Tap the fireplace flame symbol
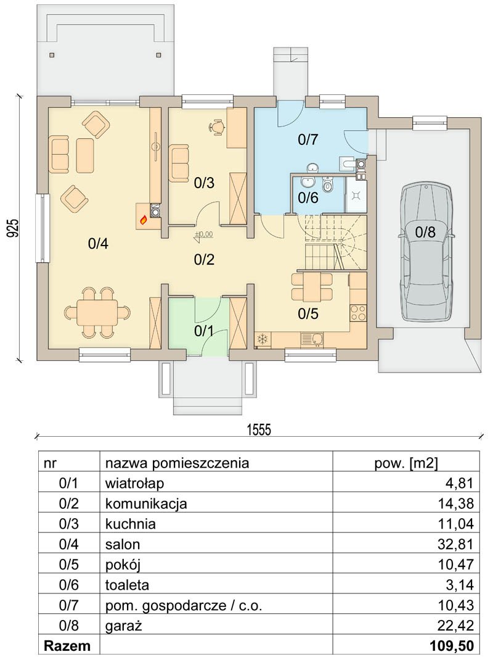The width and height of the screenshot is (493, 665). click(x=144, y=220)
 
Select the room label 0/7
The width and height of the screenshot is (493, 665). click(x=308, y=139)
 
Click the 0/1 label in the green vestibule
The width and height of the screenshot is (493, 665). click(x=204, y=331)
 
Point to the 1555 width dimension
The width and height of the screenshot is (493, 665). click(x=259, y=429)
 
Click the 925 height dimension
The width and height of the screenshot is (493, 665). click(x=13, y=228)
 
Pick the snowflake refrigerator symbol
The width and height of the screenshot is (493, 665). click(x=263, y=339)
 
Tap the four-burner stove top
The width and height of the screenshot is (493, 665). click(x=357, y=313)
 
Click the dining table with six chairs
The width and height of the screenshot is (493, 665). click(x=97, y=313)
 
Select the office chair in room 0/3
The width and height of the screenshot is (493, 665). click(x=218, y=127)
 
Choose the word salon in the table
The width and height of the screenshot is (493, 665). click(x=123, y=544)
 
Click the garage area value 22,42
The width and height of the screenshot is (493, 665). click(x=455, y=626)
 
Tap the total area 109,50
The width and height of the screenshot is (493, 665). click(x=452, y=646)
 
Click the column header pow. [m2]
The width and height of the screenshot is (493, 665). click(x=405, y=463)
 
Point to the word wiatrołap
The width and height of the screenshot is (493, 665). click(x=135, y=483)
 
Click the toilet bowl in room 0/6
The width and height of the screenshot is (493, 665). click(x=327, y=184)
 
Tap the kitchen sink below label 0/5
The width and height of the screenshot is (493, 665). click(x=312, y=339)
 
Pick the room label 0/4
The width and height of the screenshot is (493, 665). click(x=98, y=244)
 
